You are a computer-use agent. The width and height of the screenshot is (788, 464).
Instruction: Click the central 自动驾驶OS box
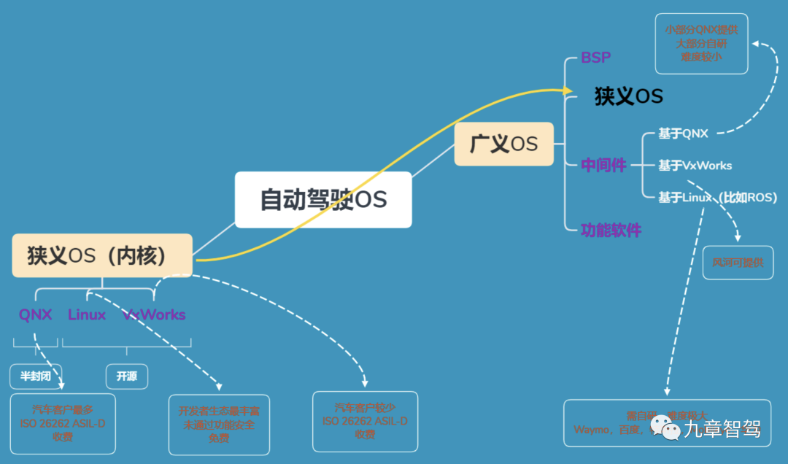tap(323, 200)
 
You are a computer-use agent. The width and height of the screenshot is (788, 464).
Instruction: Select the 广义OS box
tap(503, 144)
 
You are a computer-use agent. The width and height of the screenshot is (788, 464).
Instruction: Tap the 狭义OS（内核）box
tap(102, 255)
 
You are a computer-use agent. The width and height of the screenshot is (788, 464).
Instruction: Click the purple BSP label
tap(595, 58)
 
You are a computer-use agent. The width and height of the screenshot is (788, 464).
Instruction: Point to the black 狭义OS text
tap(628, 96)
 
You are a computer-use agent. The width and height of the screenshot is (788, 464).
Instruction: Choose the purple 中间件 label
tap(603, 166)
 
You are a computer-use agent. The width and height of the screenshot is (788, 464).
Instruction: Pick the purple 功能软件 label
tap(611, 231)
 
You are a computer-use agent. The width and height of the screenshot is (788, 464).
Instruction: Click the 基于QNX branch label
tap(683, 134)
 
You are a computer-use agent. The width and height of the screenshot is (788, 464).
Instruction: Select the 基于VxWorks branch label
tap(695, 166)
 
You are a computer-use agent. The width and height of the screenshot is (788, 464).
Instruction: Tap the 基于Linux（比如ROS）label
tap(717, 197)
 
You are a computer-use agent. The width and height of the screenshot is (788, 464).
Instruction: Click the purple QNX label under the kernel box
tap(36, 315)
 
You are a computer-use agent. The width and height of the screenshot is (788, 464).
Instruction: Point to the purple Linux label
tap(87, 315)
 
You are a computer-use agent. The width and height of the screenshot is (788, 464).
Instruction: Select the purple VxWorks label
tap(155, 315)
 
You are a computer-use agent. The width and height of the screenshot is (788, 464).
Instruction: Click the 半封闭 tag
tap(35, 376)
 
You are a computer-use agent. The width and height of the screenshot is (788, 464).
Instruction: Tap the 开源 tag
tap(126, 376)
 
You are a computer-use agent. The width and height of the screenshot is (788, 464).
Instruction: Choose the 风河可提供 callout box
tap(738, 263)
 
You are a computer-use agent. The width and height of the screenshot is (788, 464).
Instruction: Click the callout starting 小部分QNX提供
tap(701, 44)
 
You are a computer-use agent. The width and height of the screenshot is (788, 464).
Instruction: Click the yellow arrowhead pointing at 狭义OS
tap(567, 90)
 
